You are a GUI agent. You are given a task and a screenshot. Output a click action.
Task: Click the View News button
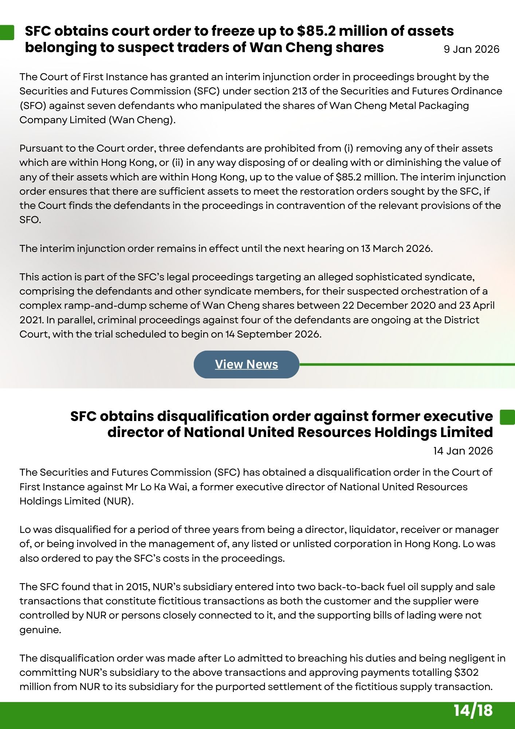click(x=246, y=364)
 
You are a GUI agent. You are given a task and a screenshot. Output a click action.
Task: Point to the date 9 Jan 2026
click(x=471, y=49)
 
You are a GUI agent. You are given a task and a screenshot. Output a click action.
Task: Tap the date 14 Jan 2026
click(x=463, y=451)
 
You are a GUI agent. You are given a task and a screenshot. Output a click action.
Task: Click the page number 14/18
click(x=473, y=710)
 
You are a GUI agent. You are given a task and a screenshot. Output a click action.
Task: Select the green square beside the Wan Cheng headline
click(x=7, y=32)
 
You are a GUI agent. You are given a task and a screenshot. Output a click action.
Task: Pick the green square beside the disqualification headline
click(x=507, y=417)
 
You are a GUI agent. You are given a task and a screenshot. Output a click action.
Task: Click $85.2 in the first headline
click(x=316, y=31)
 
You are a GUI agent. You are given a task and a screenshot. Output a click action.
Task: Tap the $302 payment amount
click(x=465, y=672)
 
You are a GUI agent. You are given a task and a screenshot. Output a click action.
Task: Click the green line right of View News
click(x=406, y=364)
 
